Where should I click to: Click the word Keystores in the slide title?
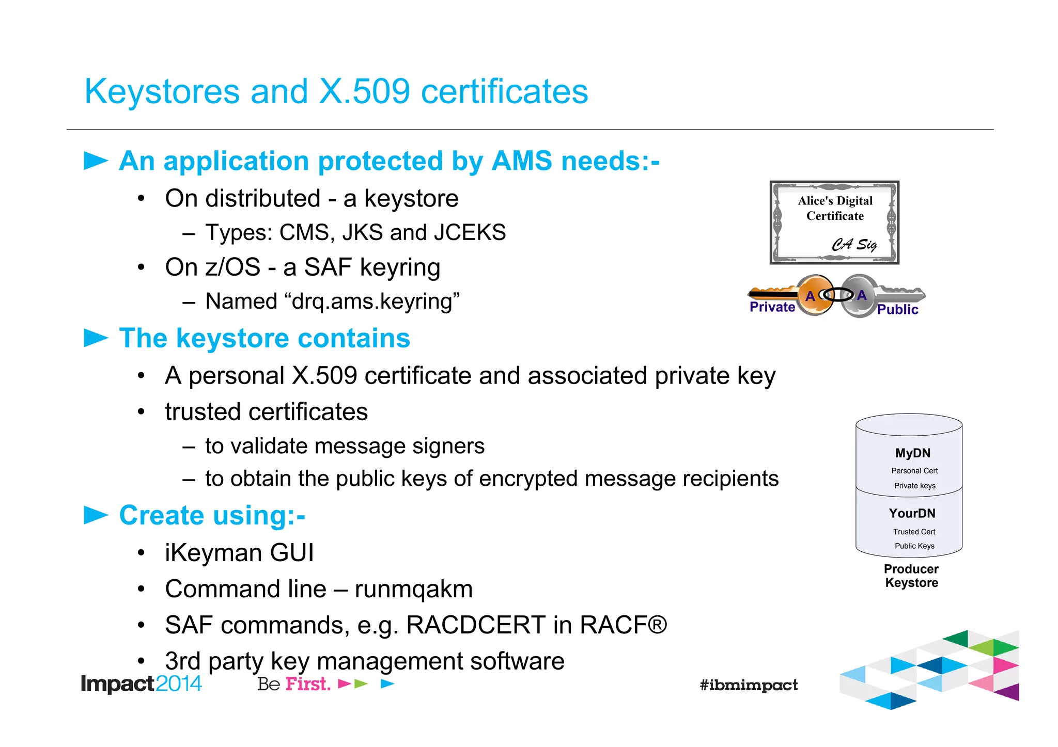[x=162, y=92]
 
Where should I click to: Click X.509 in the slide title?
[x=365, y=92]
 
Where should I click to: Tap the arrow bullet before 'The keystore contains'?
[x=96, y=338]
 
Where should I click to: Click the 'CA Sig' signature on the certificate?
[x=854, y=244]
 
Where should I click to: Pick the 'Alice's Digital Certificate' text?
[x=835, y=208]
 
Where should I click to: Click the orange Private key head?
[x=815, y=295]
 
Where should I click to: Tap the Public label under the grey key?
[x=897, y=310]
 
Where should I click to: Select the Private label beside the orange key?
[x=772, y=307]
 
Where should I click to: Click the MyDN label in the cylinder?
[x=912, y=453]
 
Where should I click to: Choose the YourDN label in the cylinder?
[x=912, y=514]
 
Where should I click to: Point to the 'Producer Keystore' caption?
[x=911, y=576]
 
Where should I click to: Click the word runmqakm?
[x=413, y=590]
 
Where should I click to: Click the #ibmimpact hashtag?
[x=749, y=686]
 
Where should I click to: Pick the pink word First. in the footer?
[x=308, y=684]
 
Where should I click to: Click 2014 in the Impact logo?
[x=178, y=684]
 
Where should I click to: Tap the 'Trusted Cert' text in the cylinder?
[x=914, y=532]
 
